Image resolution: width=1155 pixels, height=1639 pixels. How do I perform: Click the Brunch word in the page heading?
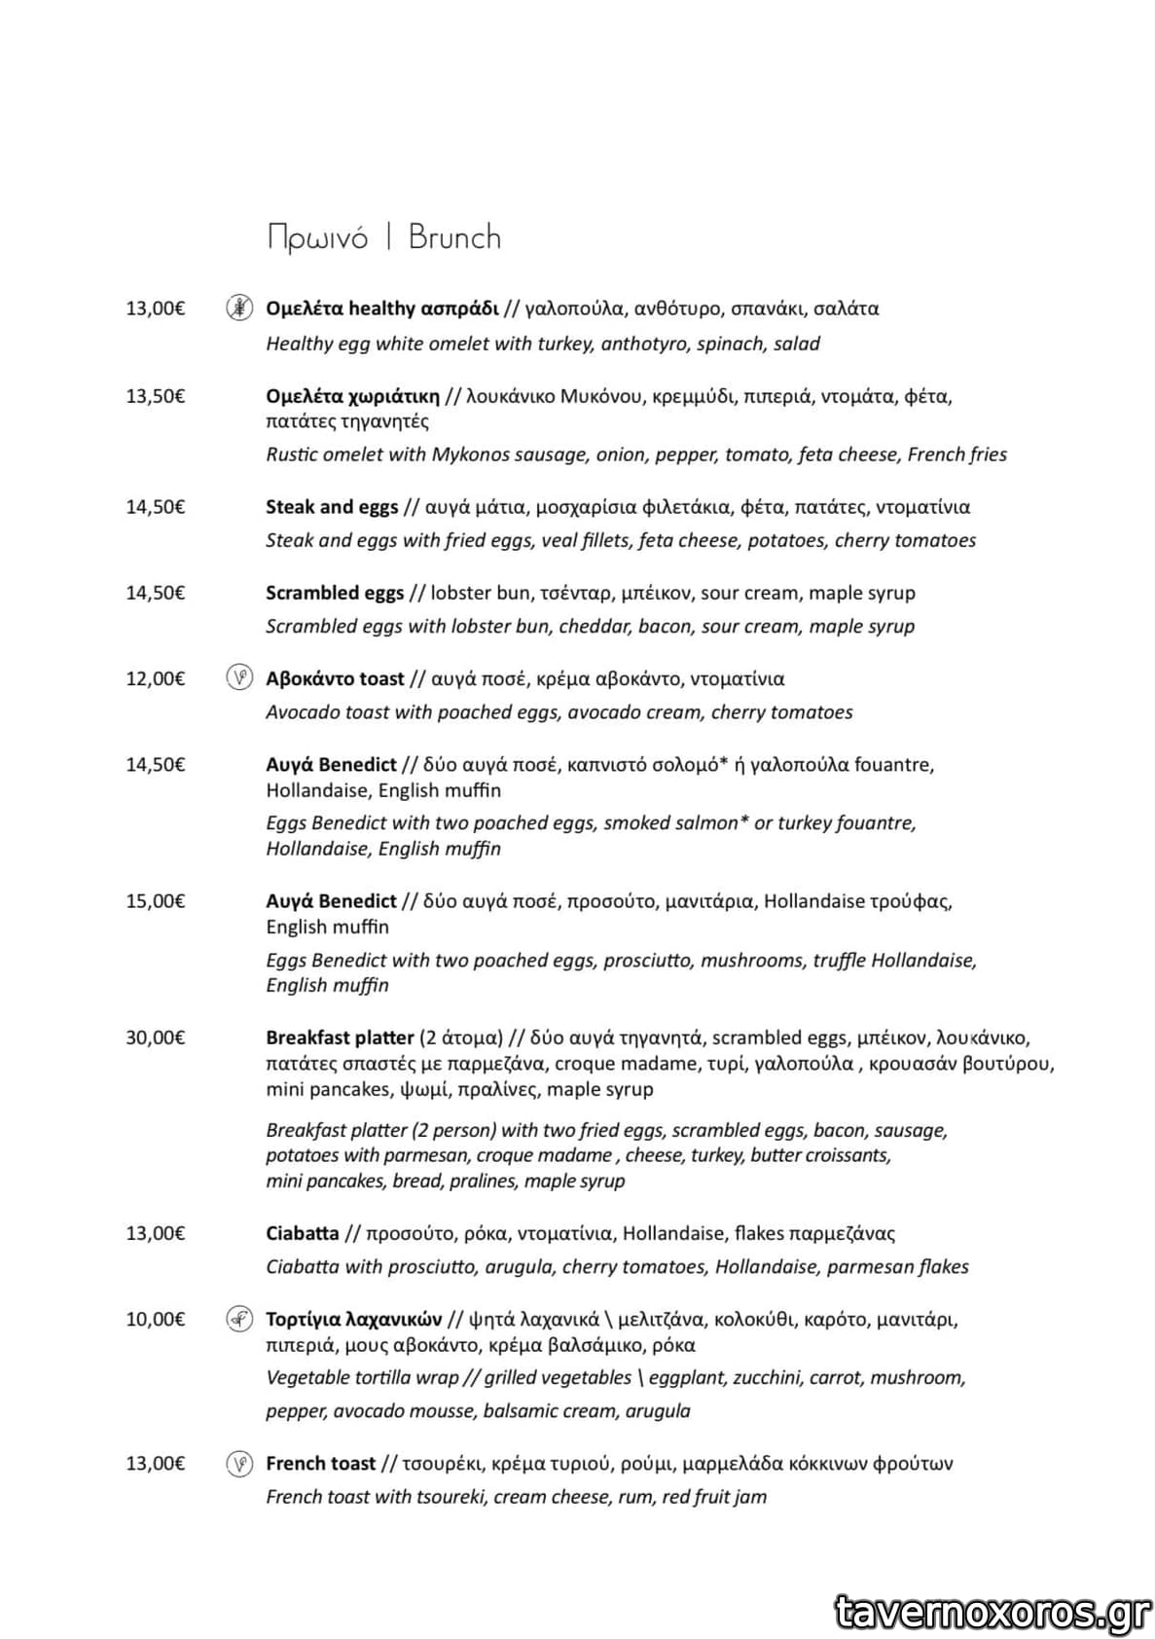pyautogui.click(x=454, y=237)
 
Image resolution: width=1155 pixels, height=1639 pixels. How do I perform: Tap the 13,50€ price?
pyautogui.click(x=155, y=396)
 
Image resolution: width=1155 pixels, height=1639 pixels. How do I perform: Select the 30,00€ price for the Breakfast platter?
pyautogui.click(x=155, y=1038)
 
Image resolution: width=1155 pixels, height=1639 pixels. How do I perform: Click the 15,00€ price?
pyautogui.click(x=155, y=901)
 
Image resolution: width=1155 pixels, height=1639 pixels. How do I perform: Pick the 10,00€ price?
pyautogui.click(x=155, y=1320)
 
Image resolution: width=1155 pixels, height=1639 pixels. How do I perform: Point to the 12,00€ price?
pyautogui.click(x=155, y=678)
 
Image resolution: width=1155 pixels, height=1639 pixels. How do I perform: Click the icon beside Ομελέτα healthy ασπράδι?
pyautogui.click(x=239, y=308)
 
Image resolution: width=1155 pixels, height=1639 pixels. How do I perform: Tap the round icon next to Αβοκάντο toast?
pyautogui.click(x=239, y=677)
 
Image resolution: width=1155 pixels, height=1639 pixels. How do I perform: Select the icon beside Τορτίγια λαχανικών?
pyautogui.click(x=239, y=1319)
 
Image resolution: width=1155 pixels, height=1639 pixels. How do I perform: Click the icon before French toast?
pyautogui.click(x=239, y=1463)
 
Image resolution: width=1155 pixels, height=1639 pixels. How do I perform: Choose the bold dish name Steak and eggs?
pyautogui.click(x=332, y=507)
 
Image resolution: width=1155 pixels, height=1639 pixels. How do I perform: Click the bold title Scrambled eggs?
pyautogui.click(x=335, y=593)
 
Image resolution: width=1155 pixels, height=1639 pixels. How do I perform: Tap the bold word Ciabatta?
pyautogui.click(x=303, y=1233)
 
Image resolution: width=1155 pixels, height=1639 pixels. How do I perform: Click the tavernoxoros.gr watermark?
pyautogui.click(x=993, y=1612)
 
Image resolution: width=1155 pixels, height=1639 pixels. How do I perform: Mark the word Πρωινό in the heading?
pyautogui.click(x=318, y=237)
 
